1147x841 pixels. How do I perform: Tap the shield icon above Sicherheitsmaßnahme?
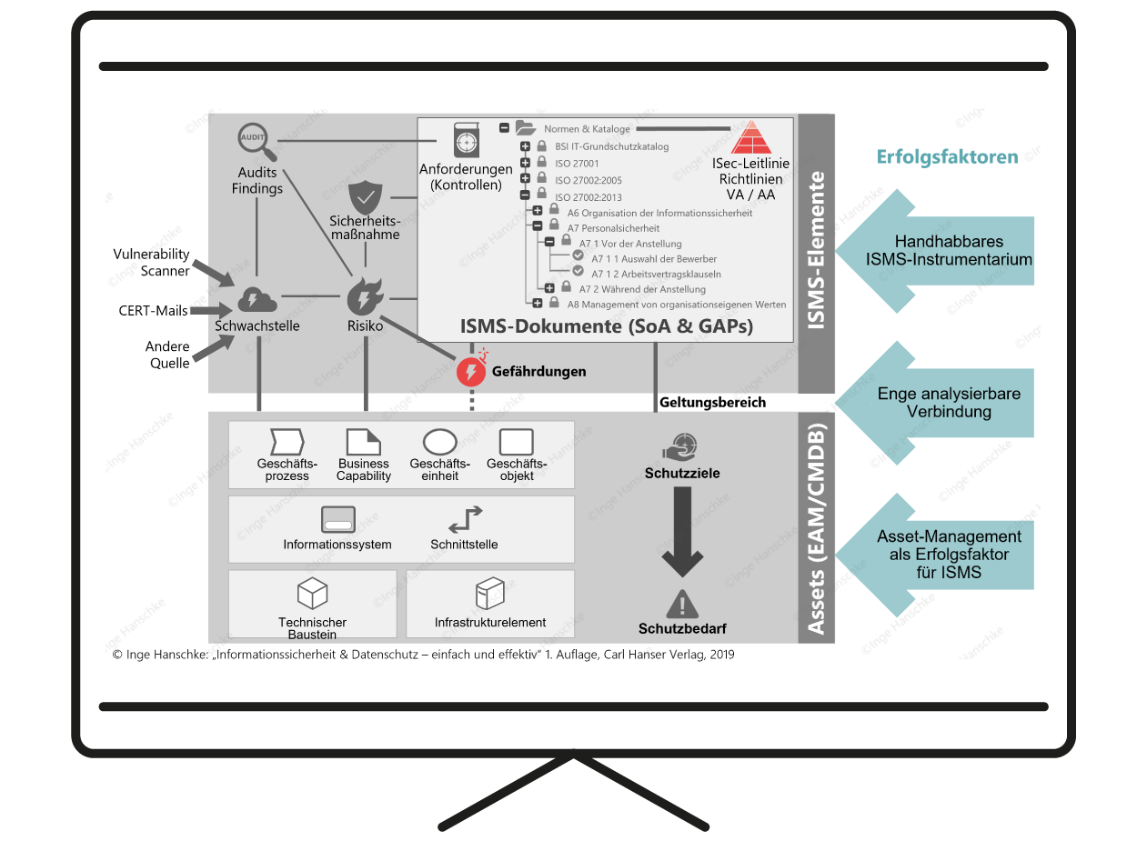(x=365, y=197)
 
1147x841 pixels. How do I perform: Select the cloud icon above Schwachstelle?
(x=257, y=300)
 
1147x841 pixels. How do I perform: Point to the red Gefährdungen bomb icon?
(x=471, y=369)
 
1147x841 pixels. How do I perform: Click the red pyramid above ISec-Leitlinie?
(x=751, y=137)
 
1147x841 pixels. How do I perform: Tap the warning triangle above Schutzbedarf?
(x=682, y=605)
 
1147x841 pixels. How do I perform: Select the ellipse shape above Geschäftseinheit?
(x=440, y=442)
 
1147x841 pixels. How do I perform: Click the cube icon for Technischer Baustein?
(x=312, y=595)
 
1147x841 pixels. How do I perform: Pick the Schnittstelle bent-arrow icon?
(x=466, y=520)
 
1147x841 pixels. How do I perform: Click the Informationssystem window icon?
(x=338, y=520)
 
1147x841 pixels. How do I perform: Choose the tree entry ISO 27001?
(x=577, y=164)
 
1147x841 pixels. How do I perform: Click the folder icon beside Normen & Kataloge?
(x=526, y=127)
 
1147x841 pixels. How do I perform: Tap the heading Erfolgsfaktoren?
(x=947, y=156)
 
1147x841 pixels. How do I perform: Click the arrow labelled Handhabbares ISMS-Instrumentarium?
(x=935, y=251)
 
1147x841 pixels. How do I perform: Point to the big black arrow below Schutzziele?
(x=682, y=533)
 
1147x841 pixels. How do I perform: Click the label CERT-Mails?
(x=153, y=311)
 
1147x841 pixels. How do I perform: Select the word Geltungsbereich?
(x=712, y=403)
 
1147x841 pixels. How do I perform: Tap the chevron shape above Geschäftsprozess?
(x=287, y=442)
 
